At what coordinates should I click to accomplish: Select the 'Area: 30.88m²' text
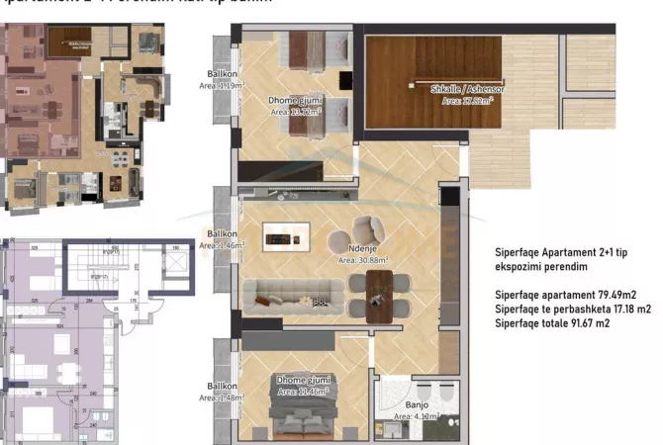click(362, 261)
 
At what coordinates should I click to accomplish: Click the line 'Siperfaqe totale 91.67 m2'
click(552, 323)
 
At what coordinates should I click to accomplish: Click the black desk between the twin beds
click(346, 79)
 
